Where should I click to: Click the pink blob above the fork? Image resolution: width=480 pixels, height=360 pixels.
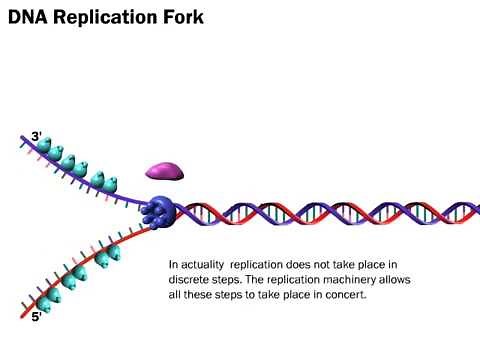[166, 169]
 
